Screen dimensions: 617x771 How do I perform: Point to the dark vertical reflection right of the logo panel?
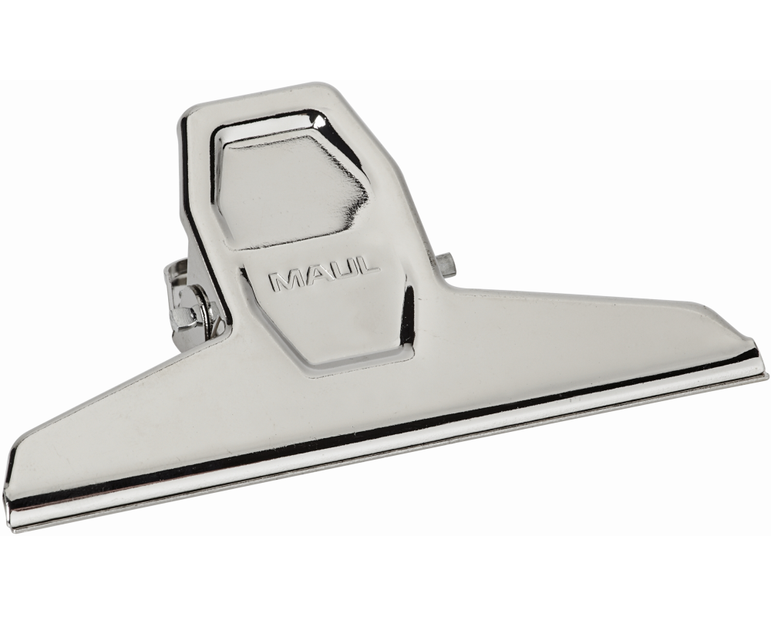pyautogui.click(x=408, y=308)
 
